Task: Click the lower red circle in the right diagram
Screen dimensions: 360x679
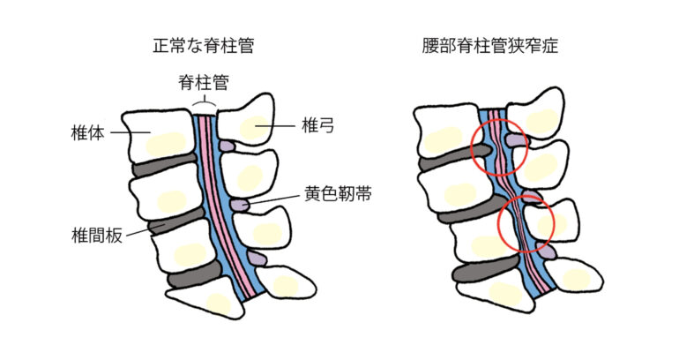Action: pos(526,221)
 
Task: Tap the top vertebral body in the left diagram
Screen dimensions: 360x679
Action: pos(155,132)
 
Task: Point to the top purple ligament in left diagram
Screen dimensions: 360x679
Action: pos(227,145)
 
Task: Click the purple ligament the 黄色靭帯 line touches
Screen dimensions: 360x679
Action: pos(240,205)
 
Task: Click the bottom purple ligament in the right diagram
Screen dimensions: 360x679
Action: pos(548,252)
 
